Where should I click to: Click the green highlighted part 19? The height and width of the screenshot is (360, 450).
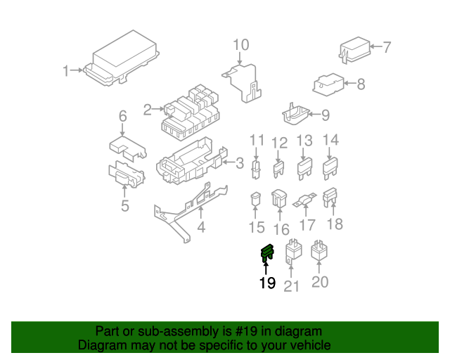(266, 253)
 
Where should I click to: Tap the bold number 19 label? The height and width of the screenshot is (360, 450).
(266, 283)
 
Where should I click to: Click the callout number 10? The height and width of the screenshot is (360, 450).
(240, 46)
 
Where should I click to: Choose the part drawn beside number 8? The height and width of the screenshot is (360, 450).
(327, 84)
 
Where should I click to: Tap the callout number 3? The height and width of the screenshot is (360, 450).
(239, 164)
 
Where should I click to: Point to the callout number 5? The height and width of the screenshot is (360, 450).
(124, 206)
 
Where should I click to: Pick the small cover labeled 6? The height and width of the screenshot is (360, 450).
(127, 146)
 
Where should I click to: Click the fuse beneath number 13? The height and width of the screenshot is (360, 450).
(304, 168)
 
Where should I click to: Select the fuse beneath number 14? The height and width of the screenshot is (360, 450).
(330, 168)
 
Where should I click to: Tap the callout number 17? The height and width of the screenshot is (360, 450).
(307, 226)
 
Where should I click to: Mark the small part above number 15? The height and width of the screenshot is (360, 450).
(257, 200)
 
